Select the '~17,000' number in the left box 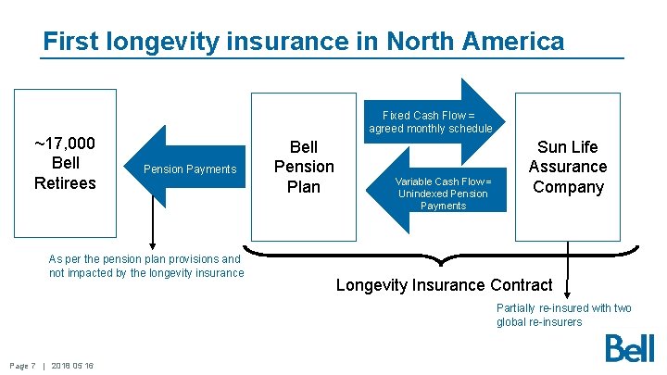[65, 144]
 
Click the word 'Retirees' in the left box [65, 183]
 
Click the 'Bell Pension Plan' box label [304, 167]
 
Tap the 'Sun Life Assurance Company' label [567, 167]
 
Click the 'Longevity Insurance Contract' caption [444, 285]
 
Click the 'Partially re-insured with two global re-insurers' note [563, 315]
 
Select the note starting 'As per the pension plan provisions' [145, 266]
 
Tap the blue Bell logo [629, 348]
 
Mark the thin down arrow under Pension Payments [154, 227]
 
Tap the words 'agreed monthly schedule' [431, 129]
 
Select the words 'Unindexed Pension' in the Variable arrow [443, 194]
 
